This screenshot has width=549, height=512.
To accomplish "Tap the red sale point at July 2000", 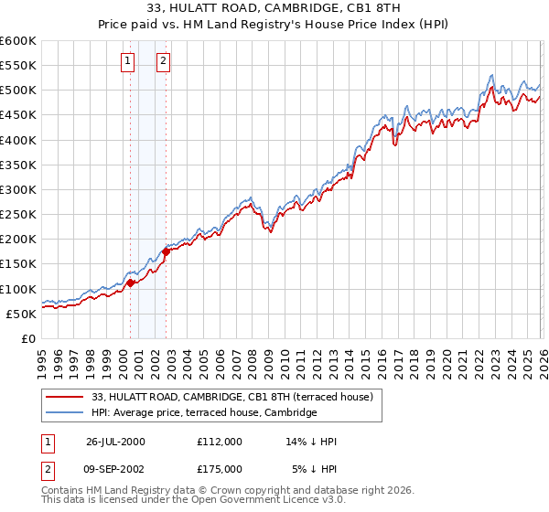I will pos(131,283).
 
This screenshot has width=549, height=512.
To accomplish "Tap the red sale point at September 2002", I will pos(166,251).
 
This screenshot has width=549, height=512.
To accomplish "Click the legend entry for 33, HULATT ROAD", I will pos(231,397).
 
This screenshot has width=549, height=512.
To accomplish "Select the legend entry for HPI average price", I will pos(203,413).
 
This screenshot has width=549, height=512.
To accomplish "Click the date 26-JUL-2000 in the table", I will pos(115,442).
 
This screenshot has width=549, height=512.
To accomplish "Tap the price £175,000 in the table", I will pos(220,468).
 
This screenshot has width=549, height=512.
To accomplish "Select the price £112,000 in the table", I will pos(220,442).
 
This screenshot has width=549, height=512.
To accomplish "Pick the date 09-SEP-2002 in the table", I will pos(115,468).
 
